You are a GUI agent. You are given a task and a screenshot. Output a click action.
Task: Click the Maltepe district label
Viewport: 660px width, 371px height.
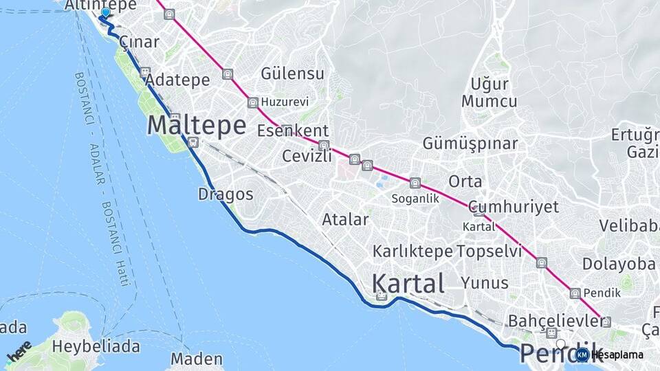[x=197, y=125]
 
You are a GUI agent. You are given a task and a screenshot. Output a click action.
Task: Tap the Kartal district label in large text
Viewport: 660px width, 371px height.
[x=408, y=283]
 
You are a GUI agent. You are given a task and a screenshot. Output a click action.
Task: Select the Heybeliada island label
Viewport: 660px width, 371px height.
[x=96, y=345]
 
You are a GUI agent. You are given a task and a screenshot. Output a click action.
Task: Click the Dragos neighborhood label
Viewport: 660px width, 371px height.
[x=225, y=194]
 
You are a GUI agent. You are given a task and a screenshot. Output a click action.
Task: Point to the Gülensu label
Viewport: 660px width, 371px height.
[x=292, y=74]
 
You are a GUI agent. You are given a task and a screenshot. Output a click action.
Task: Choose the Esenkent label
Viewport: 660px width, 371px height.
[x=293, y=131]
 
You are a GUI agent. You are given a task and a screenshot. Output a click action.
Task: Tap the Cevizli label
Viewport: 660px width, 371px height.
[x=307, y=156]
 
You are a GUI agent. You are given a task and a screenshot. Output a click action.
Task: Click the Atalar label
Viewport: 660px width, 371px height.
[x=345, y=220]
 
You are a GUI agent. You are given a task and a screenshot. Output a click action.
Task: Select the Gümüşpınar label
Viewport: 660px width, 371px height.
[x=470, y=144]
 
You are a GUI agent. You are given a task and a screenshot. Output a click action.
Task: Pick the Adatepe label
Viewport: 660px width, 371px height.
[x=178, y=80]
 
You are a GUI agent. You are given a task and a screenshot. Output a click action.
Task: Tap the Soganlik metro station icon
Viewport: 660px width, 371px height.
[x=415, y=183]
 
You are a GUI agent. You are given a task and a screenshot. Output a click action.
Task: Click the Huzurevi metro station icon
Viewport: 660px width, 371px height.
[x=253, y=102]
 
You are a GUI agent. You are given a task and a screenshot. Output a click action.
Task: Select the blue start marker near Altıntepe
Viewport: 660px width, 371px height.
[x=105, y=12]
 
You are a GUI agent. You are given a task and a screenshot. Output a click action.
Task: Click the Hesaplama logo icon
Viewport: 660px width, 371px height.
[x=582, y=355]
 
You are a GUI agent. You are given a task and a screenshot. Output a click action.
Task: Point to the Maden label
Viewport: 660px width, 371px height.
[x=197, y=359]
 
